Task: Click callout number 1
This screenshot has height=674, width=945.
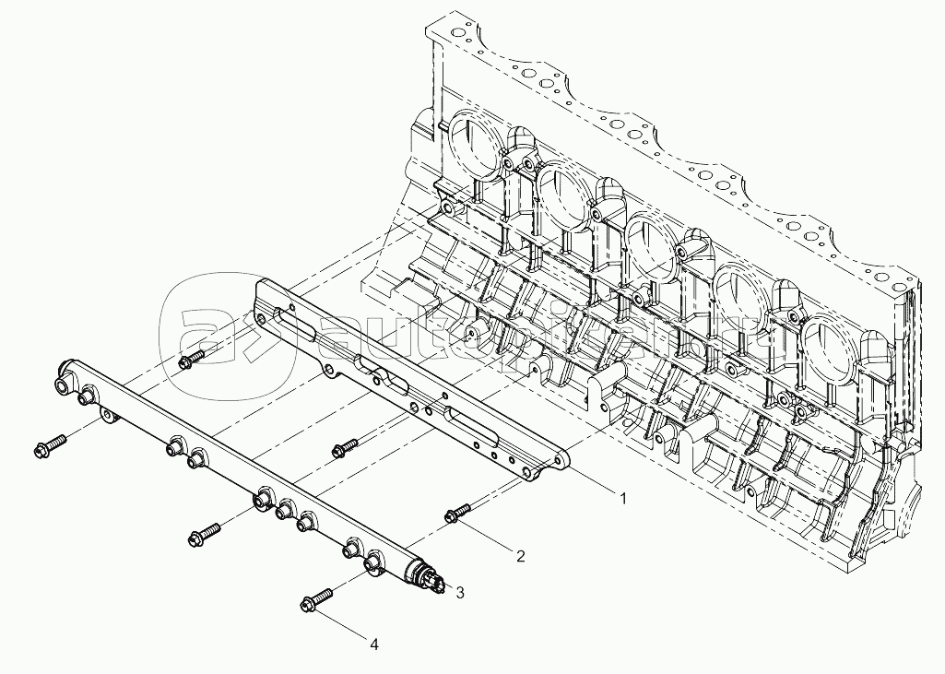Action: point(622,498)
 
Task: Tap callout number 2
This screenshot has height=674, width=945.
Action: point(520,556)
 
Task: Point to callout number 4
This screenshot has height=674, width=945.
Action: point(373,644)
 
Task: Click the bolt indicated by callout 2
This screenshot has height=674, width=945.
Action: point(457,514)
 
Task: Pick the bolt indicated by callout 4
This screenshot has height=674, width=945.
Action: point(314,599)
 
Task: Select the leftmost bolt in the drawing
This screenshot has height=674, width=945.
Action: point(48,447)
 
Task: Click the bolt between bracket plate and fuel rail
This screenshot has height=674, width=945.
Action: point(343,447)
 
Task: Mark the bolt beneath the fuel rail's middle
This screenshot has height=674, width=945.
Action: point(205,533)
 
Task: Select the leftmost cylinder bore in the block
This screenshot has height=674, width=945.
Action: point(476,148)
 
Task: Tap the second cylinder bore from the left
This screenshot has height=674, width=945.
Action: point(564,196)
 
